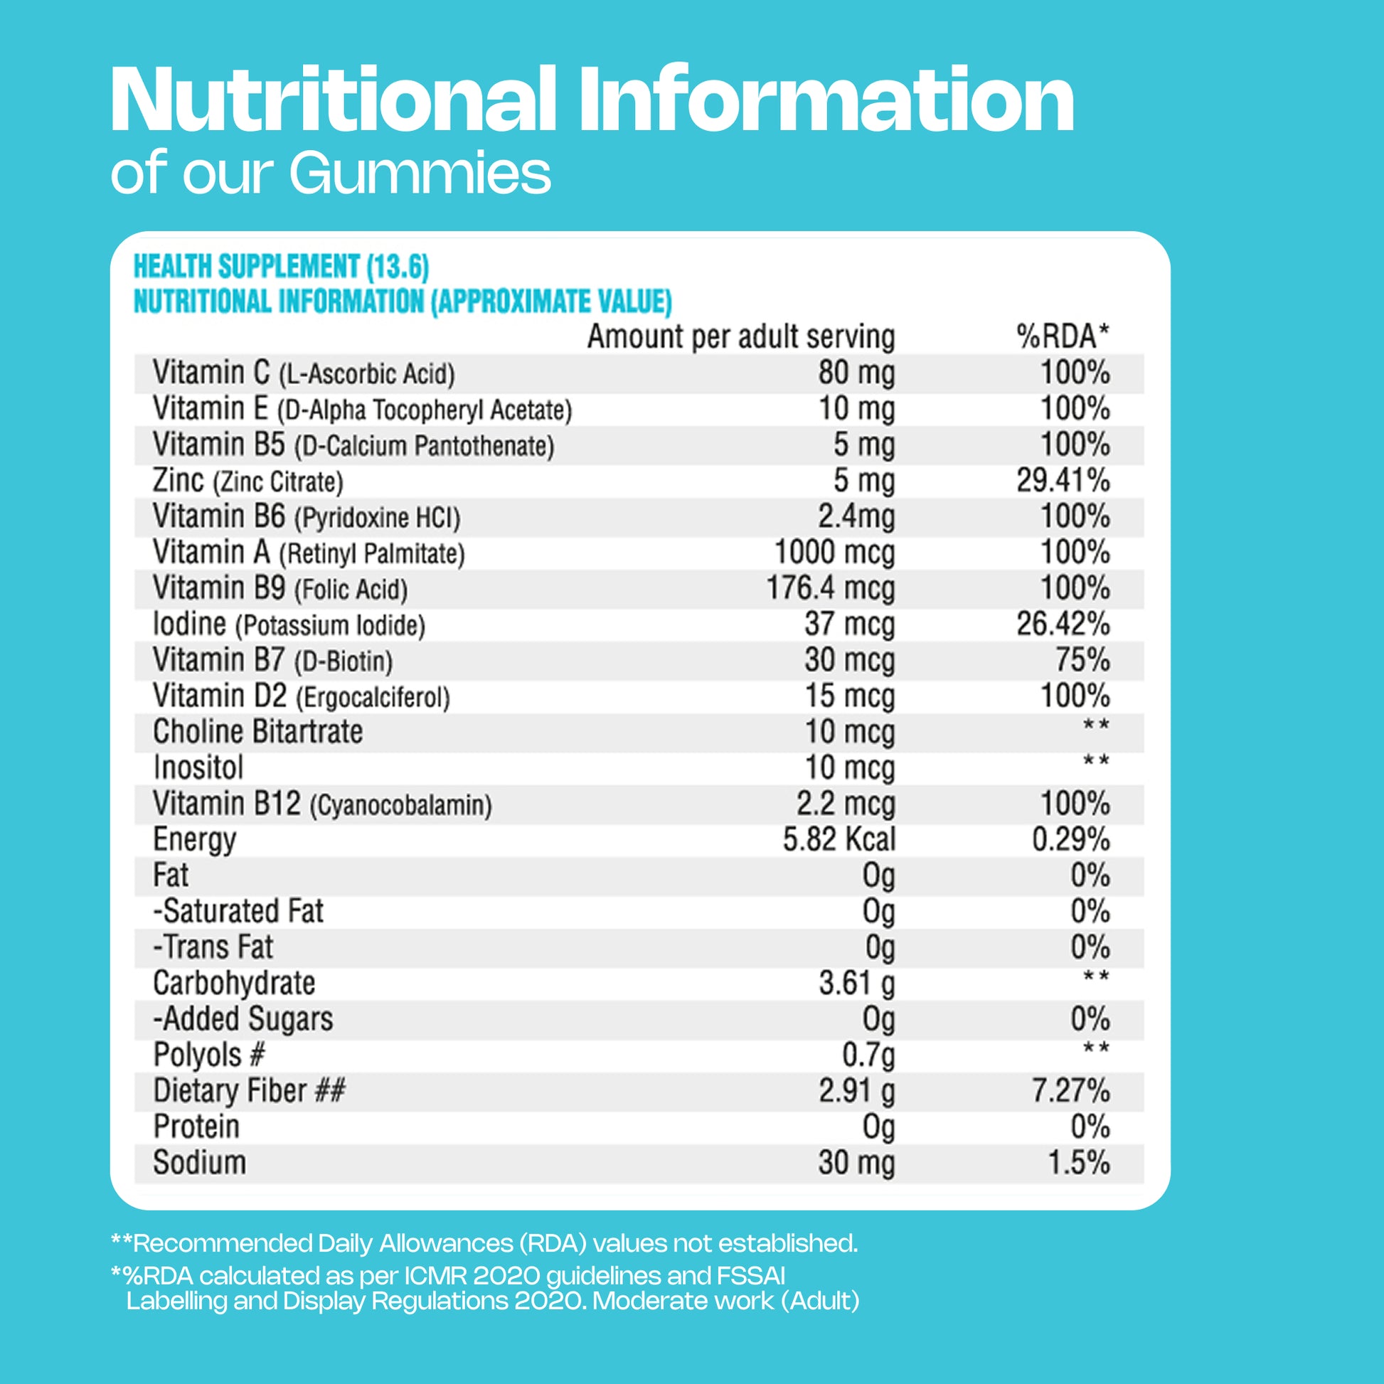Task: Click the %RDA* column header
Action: tap(1063, 336)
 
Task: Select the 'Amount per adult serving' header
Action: tap(740, 336)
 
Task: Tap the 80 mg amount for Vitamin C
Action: tap(856, 373)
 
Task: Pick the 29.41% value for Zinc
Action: tap(1063, 481)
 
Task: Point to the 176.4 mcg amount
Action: tap(830, 589)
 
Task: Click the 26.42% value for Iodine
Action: tap(1063, 624)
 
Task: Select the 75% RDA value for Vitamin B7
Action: tap(1082, 661)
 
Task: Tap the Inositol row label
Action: tap(198, 768)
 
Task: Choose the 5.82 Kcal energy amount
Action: tap(839, 839)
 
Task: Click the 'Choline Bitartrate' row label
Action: tap(258, 732)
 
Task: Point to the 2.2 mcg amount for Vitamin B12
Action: tap(846, 804)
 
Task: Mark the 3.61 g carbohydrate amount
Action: tap(857, 984)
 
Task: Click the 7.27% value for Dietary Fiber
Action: tap(1070, 1091)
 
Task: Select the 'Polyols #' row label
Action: tap(209, 1055)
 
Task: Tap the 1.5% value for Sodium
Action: tap(1079, 1163)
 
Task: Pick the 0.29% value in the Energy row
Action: tap(1070, 839)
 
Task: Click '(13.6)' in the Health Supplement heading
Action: tap(398, 267)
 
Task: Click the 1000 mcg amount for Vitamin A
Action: tap(834, 553)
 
